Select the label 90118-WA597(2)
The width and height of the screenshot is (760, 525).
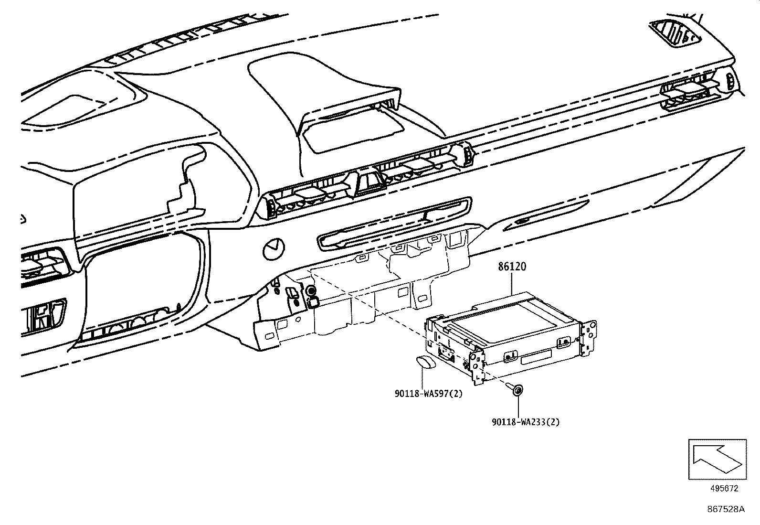[x=429, y=394]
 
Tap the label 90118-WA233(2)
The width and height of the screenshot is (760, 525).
[x=525, y=422]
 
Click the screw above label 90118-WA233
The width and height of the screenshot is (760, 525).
[x=517, y=389]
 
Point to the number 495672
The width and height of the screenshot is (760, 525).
[x=724, y=489]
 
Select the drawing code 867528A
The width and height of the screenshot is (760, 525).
[x=726, y=510]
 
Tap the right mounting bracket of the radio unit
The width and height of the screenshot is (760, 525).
[x=588, y=338]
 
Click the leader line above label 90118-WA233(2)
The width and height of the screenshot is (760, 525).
[x=518, y=406]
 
